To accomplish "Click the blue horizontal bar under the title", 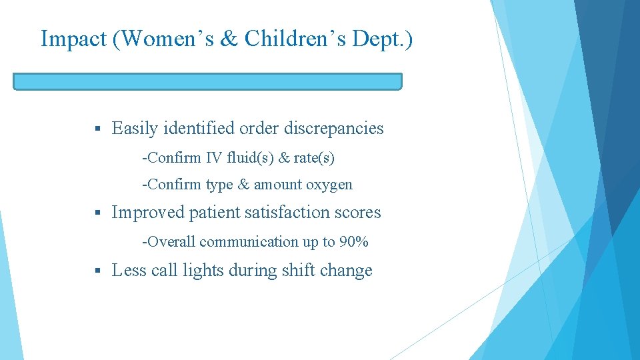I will coord(207,81).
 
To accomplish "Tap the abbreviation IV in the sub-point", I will coord(213,158).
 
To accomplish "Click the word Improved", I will coord(147,213).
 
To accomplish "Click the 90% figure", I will coord(354,242).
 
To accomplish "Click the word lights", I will coord(203,271).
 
